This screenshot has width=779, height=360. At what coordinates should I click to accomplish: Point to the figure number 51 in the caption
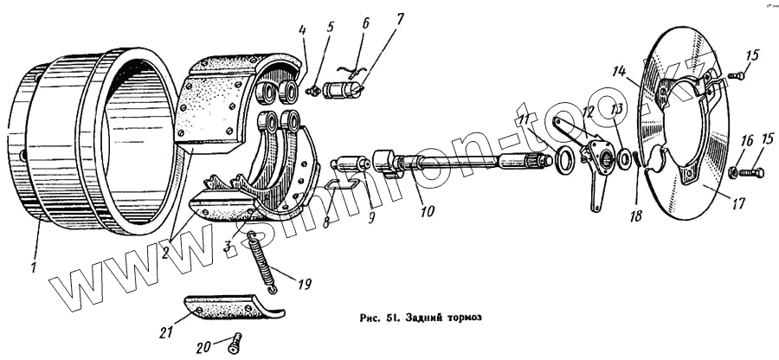pos(389,318)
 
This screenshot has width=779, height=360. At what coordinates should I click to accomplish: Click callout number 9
pos(370,217)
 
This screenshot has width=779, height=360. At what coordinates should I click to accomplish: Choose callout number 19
pos(303,283)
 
